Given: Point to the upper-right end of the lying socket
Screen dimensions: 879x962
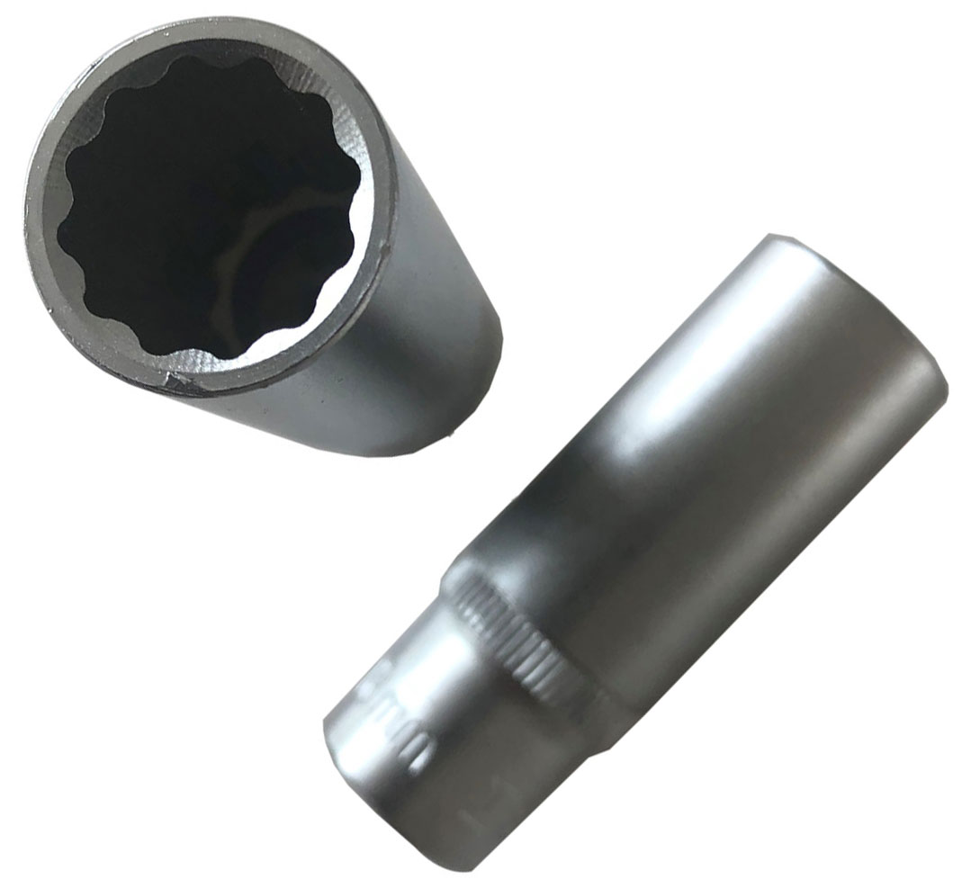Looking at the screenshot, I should click(x=864, y=297).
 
